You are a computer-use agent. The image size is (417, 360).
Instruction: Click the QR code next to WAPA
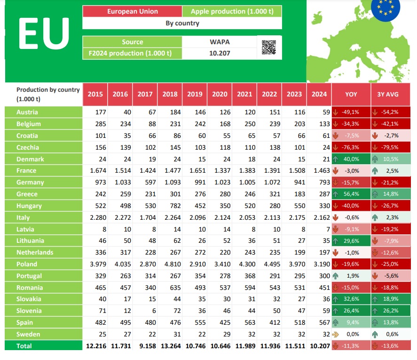click(x=269, y=48)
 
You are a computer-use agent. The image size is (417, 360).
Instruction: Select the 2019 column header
click(x=195, y=94)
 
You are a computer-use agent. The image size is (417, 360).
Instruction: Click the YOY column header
click(x=351, y=94)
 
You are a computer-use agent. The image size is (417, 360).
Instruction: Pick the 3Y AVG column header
click(x=388, y=94)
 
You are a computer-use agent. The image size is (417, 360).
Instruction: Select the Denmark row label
click(x=30, y=159)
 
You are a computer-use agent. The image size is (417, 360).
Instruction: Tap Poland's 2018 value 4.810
click(x=170, y=264)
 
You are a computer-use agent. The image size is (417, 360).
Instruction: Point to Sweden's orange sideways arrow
click(x=336, y=334)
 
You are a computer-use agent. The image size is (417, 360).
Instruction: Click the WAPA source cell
click(x=220, y=42)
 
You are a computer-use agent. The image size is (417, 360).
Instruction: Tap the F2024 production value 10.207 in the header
click(x=220, y=53)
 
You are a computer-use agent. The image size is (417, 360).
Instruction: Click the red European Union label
click(x=132, y=11)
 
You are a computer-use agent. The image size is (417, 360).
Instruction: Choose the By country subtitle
click(x=182, y=23)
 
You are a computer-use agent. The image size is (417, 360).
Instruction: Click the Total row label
click(x=24, y=346)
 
